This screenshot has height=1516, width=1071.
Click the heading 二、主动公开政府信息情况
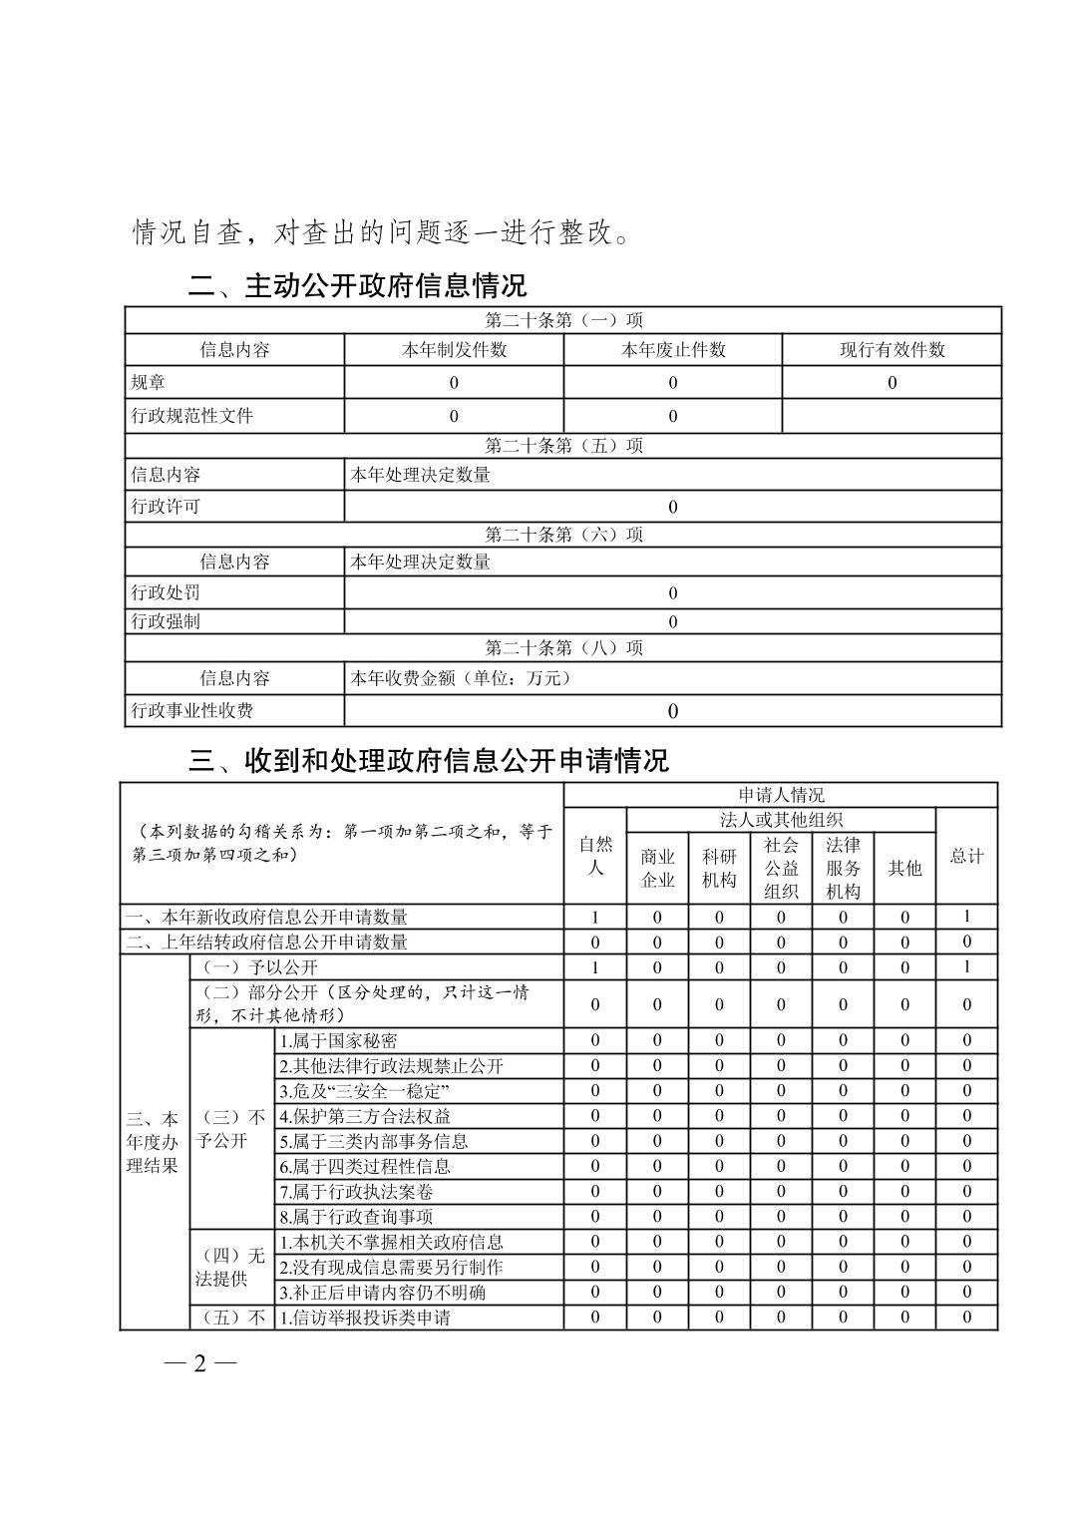358,287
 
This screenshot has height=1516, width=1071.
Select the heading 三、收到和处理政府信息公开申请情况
429,762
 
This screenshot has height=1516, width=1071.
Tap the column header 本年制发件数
454,350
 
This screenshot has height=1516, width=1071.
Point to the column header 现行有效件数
892,350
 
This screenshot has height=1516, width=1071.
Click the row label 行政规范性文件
192,416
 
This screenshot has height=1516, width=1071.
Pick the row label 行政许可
166,507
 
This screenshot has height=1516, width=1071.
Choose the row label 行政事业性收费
192,710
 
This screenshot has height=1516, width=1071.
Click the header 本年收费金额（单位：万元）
461,679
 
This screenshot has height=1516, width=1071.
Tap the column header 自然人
595,856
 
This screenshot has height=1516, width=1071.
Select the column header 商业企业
657,868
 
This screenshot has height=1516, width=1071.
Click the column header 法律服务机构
843,868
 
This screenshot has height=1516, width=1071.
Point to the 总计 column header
966,856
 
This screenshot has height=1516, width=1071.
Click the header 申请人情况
781,795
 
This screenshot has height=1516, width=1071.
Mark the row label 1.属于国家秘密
338,1040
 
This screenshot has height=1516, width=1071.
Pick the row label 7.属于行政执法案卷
356,1192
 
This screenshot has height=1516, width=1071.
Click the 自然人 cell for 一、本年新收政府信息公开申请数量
595,917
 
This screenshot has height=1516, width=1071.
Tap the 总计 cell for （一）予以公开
966,967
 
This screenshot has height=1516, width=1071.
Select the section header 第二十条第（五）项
563,446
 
